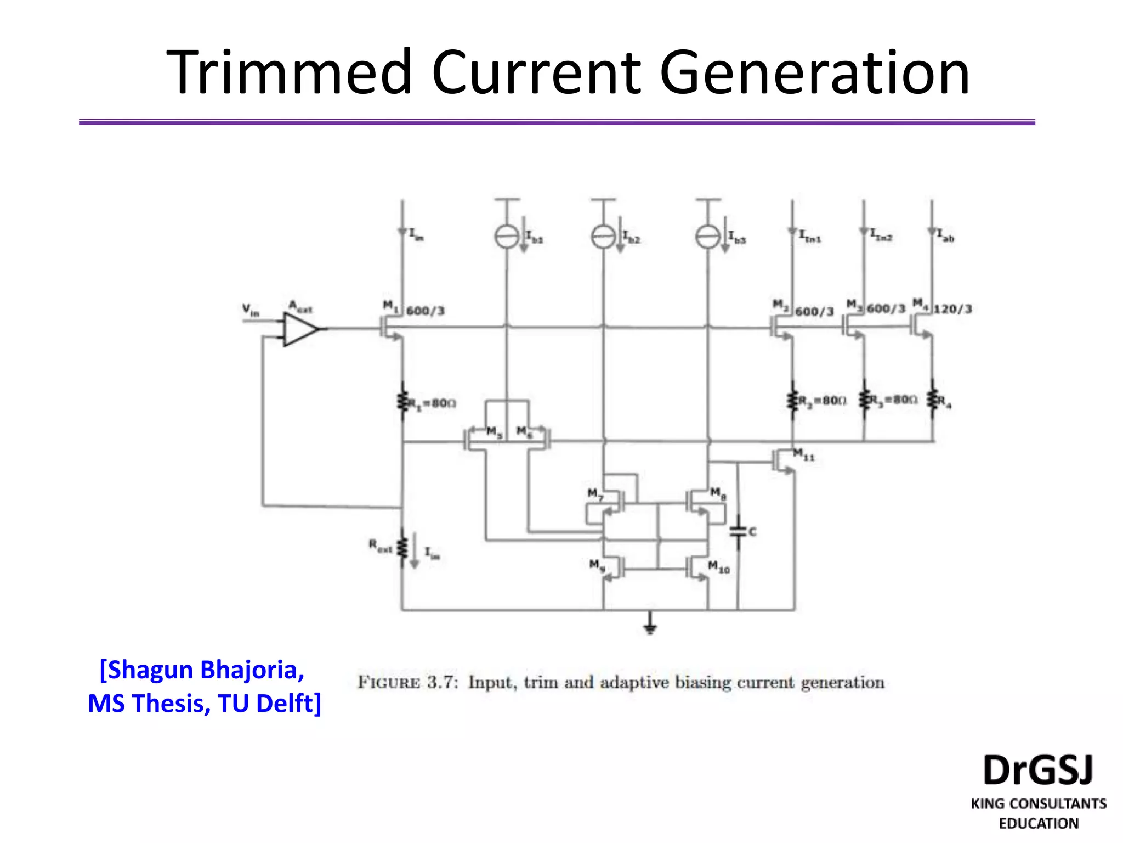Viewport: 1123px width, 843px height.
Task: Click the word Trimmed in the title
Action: click(x=288, y=73)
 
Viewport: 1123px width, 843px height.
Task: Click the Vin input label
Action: click(x=251, y=310)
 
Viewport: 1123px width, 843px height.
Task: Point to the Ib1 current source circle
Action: click(x=507, y=237)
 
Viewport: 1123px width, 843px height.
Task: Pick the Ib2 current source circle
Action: click(x=603, y=237)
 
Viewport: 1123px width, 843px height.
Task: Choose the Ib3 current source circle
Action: click(x=708, y=237)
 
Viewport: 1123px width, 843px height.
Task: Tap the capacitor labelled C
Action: click(x=738, y=531)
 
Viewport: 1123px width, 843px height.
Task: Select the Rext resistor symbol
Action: click(x=402, y=547)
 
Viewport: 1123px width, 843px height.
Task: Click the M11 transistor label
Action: click(x=804, y=454)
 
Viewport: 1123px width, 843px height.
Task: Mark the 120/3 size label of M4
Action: click(x=953, y=309)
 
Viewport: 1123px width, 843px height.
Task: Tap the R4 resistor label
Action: click(x=944, y=402)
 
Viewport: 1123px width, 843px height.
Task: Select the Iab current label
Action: click(x=945, y=235)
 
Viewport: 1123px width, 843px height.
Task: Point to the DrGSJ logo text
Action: click(x=1038, y=770)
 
